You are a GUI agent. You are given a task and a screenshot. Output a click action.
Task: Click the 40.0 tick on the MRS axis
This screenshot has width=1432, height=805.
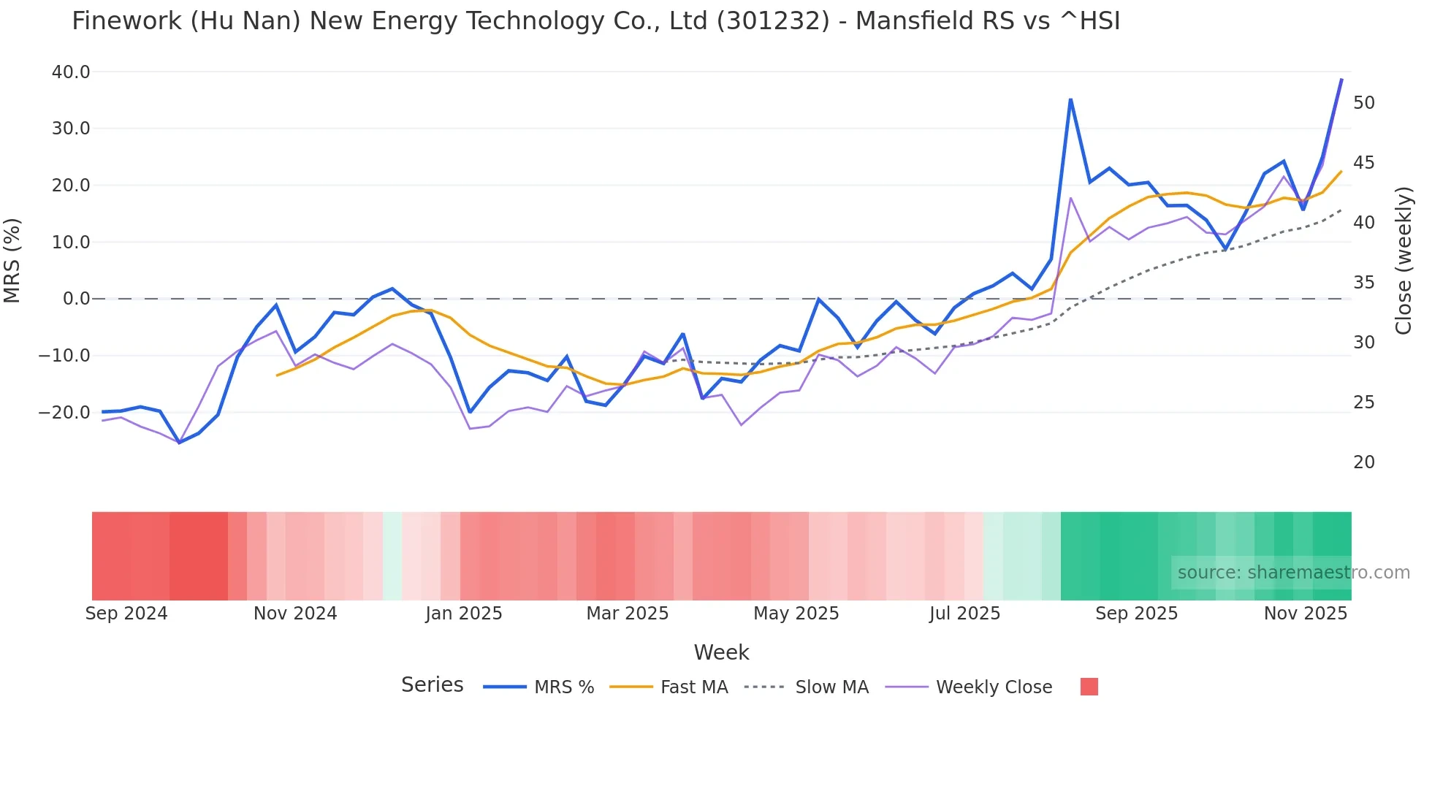click(x=71, y=72)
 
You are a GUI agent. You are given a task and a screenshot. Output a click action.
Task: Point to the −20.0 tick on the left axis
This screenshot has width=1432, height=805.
click(x=64, y=413)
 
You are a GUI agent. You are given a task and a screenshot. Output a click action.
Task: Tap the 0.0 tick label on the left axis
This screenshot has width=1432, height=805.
click(x=76, y=299)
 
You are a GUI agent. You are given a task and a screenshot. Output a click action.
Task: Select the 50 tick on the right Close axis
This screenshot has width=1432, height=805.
click(x=1363, y=103)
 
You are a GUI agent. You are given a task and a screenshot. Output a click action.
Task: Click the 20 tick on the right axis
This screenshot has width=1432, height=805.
click(x=1363, y=462)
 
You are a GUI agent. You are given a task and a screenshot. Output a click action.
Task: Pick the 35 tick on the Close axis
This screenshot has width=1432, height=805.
click(x=1363, y=283)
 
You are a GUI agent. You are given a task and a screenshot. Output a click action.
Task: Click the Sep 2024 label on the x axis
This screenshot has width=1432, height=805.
click(x=126, y=614)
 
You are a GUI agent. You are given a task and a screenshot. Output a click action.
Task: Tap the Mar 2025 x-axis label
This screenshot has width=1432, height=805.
click(x=628, y=614)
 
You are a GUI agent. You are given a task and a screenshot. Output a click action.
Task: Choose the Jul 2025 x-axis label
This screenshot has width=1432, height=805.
click(x=964, y=614)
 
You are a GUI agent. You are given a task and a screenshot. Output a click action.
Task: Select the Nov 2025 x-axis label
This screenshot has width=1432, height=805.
click(x=1306, y=614)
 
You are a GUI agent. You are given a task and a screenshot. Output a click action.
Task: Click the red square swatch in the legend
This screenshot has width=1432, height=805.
click(x=1089, y=687)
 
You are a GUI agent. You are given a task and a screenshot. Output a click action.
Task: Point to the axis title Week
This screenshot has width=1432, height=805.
click(x=721, y=652)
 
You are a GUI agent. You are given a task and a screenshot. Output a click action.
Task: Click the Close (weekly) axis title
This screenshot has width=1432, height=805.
click(x=1404, y=261)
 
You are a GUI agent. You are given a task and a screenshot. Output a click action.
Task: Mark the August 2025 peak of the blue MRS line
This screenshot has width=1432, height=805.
click(x=1070, y=100)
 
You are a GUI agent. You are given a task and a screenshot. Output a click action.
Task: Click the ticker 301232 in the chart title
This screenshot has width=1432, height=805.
click(x=772, y=21)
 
